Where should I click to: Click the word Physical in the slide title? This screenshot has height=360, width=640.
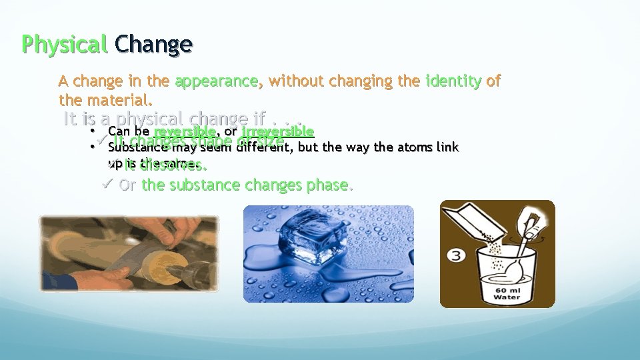[x=64, y=44]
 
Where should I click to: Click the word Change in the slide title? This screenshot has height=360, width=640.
[x=153, y=44]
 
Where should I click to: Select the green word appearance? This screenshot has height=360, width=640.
[x=216, y=81]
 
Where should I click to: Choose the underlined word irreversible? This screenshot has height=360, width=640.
[x=278, y=131]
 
